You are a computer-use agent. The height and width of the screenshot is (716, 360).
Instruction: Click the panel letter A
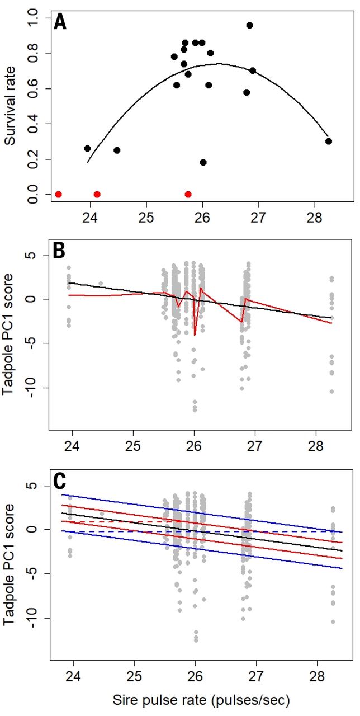pos(61,23)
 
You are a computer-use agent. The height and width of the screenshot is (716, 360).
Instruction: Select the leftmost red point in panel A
pos(58,194)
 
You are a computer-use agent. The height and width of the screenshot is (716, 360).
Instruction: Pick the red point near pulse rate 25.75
pos(188,194)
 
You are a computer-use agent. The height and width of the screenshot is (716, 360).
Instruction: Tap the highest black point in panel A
pos(249,25)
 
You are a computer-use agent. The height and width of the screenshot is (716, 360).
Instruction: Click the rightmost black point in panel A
pos(329,141)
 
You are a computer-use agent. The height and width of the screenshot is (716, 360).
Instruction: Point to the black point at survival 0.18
pos(203,162)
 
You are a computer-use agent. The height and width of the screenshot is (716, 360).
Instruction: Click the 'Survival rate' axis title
pos(10,105)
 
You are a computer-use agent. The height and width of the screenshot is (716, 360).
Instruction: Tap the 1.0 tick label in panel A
pos(35,18)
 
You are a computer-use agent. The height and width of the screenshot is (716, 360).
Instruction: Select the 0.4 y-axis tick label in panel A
pos(35,124)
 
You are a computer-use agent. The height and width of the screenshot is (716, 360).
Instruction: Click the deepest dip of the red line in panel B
pos(195,335)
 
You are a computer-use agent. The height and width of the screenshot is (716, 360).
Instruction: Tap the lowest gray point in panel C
pos(196,640)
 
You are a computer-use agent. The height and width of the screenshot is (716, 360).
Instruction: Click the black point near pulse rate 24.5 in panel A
pos(117,150)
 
